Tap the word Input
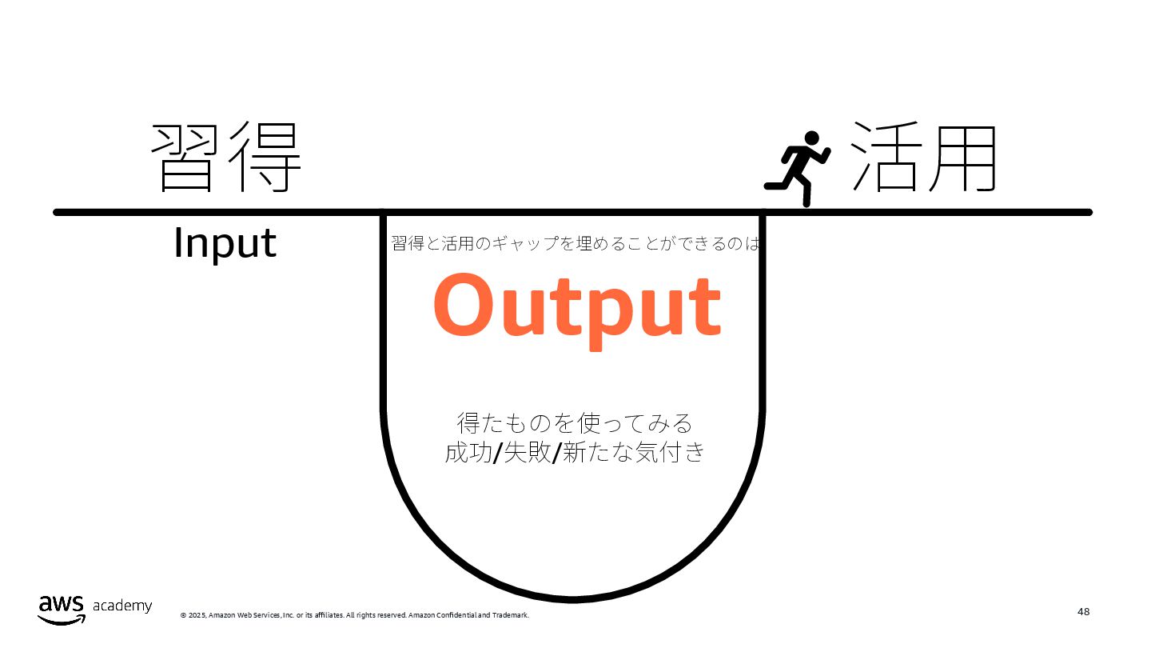tap(225, 243)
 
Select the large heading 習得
tap(227, 158)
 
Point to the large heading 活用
tap(924, 158)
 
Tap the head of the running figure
tap(812, 139)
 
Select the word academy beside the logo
tap(122, 606)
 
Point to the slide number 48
tap(1083, 612)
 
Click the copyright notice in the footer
tap(354, 615)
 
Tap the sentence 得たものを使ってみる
tap(575, 422)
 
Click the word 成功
tap(468, 453)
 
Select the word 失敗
tap(528, 453)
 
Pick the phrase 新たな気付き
tap(634, 453)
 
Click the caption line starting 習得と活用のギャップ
tap(575, 243)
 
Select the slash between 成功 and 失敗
tap(498, 454)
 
